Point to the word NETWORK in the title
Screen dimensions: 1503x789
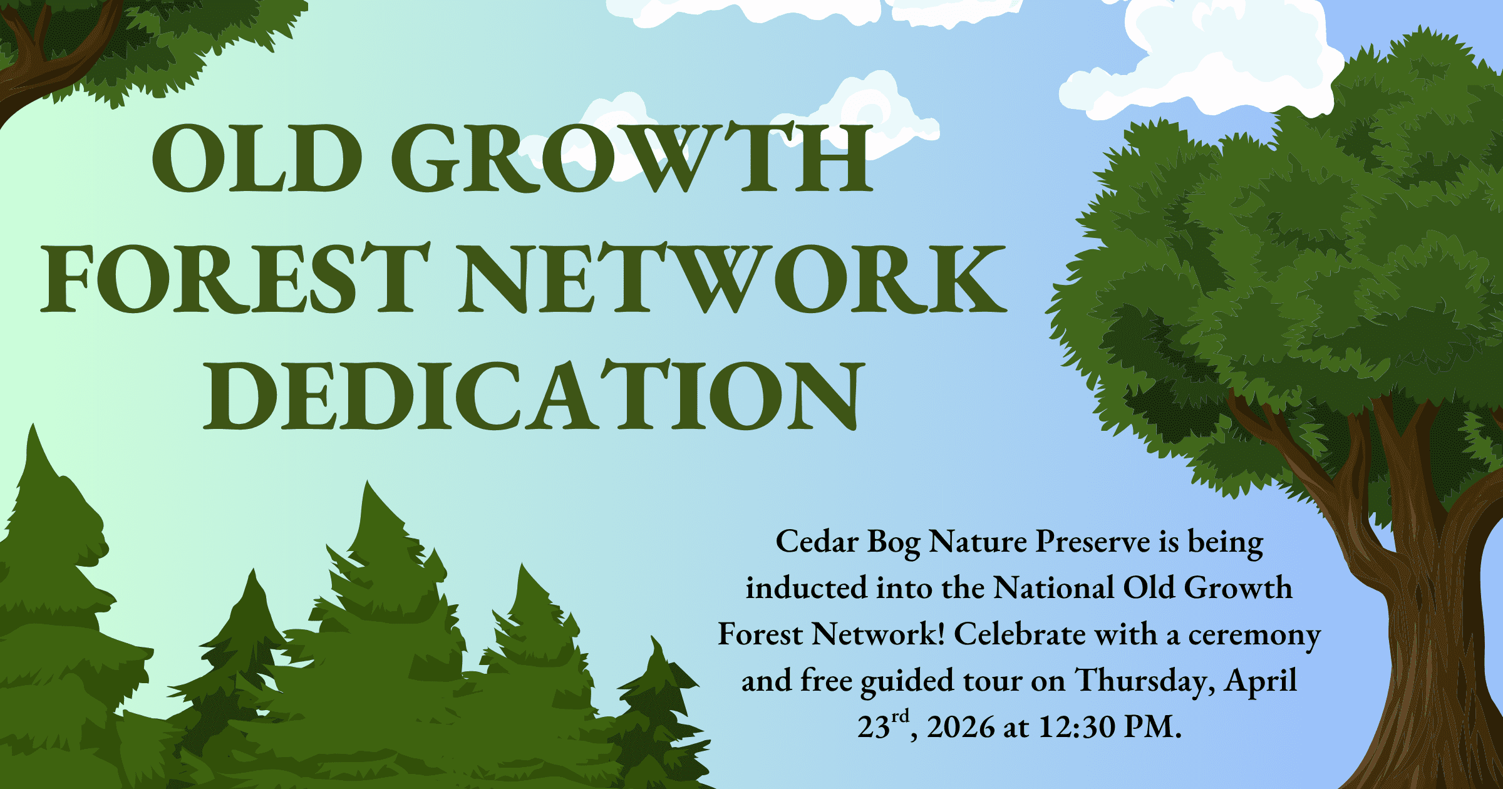732,278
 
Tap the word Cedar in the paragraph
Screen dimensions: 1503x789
817,541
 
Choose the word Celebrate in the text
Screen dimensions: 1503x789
1020,634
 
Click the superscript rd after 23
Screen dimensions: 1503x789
901,716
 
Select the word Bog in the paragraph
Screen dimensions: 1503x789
894,544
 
